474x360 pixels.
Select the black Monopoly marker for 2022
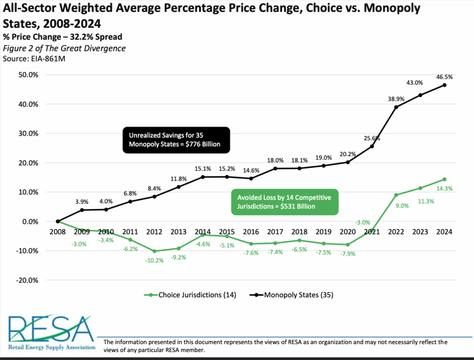click(396, 107)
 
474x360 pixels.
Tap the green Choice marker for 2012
click(154, 251)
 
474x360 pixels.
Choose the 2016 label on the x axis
click(251, 231)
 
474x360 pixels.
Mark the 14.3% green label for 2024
click(444, 189)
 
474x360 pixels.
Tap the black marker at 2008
click(58, 221)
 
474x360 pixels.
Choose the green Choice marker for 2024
click(444, 179)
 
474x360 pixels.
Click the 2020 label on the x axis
click(348, 231)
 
